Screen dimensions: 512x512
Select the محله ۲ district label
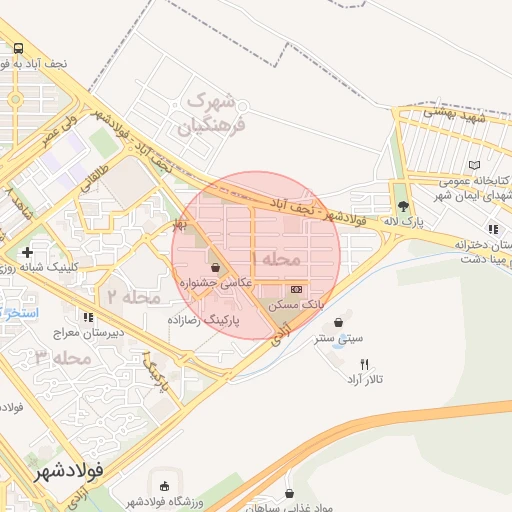[135, 297]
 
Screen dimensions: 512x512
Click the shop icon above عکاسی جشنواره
[216, 267]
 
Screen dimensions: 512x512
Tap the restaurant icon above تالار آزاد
[364, 364]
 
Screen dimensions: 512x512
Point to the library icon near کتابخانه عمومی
[474, 165]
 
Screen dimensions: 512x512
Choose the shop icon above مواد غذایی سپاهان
[289, 493]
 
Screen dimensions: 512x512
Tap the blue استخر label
[18, 313]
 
